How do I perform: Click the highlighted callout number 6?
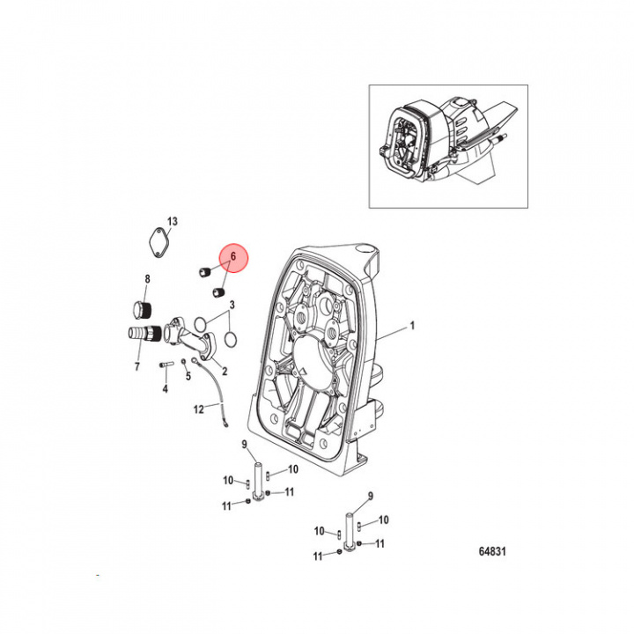coord(232,256)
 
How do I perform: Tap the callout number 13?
coord(173,220)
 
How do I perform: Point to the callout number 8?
coord(147,279)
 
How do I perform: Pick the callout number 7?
coord(136,365)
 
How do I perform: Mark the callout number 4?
coord(165,388)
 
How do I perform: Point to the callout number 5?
coord(188,375)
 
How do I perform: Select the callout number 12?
coord(199,409)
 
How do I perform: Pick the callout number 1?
coord(409,327)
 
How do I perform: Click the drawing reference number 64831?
coord(493,552)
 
